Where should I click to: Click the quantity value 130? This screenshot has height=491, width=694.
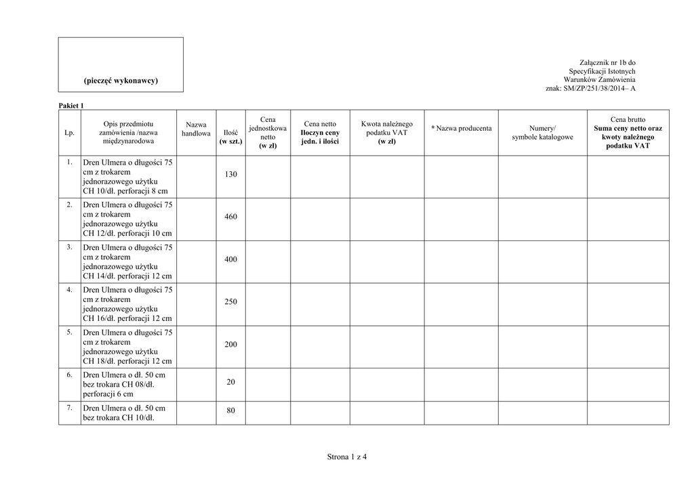230,175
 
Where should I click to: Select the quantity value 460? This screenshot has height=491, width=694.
230,217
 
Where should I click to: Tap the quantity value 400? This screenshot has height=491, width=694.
230,259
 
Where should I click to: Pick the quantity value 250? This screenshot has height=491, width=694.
230,302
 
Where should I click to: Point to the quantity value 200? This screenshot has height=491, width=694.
230,345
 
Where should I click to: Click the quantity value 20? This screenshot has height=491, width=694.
230,383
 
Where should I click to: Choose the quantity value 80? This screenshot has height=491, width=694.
230,410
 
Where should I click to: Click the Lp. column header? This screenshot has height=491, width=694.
69,133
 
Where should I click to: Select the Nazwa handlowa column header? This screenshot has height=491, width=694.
196,129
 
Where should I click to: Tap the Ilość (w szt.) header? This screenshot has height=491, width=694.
230,137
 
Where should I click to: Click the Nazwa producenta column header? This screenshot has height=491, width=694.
462,128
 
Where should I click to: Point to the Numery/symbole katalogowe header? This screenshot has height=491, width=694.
542,133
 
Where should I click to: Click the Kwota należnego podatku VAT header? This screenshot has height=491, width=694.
386,133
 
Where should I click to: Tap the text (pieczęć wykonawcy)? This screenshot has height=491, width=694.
121,81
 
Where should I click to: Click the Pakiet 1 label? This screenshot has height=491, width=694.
71,106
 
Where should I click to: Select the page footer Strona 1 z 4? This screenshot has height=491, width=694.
347,456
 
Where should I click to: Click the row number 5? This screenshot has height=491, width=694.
69,332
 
